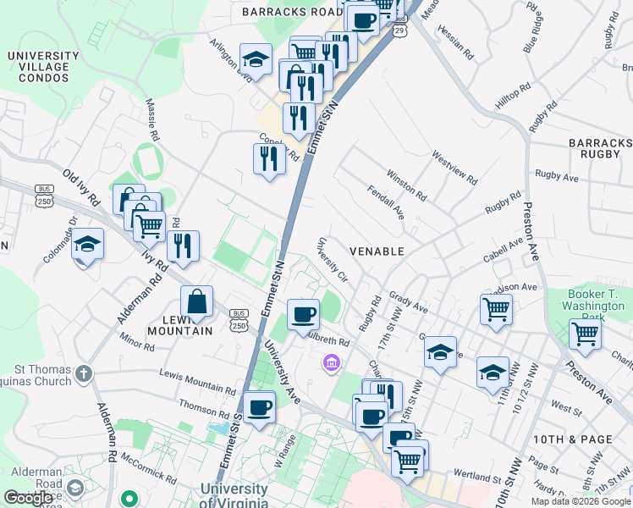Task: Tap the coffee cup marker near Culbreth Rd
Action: coord(303,315)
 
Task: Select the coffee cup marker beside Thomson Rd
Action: coord(259,407)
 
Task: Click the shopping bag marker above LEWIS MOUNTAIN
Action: coord(196,302)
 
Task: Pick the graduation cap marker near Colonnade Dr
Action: coord(87,244)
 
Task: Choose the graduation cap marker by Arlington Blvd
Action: coord(256,59)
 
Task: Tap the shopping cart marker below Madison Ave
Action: coord(496,308)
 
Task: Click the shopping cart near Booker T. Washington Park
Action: coord(585,334)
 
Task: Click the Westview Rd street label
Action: coord(454,168)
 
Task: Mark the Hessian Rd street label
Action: coord(458,41)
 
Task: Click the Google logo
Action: coord(29,497)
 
